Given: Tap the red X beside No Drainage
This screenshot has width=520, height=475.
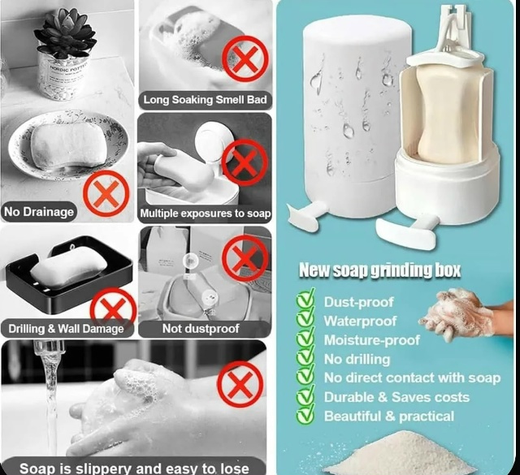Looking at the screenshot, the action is [x=106, y=194].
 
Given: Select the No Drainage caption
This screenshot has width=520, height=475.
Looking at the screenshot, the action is [x=39, y=212].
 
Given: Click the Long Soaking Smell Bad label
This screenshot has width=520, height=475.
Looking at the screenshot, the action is [x=205, y=100].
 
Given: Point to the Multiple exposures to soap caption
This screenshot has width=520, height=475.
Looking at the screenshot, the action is [x=205, y=214].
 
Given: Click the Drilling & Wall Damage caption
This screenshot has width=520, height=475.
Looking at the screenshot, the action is [x=66, y=329].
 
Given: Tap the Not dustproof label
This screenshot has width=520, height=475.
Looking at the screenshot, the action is [x=201, y=329].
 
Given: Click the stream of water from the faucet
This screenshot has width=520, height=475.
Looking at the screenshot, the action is [x=50, y=398].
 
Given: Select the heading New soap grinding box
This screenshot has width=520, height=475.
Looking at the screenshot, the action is [x=379, y=270].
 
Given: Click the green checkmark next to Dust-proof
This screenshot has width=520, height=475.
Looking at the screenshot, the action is [x=305, y=300].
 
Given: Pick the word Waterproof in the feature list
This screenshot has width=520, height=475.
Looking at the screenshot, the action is [x=360, y=321].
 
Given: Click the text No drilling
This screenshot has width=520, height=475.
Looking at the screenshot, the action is [x=357, y=359].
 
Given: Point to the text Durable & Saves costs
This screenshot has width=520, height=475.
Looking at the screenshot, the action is [x=396, y=397].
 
